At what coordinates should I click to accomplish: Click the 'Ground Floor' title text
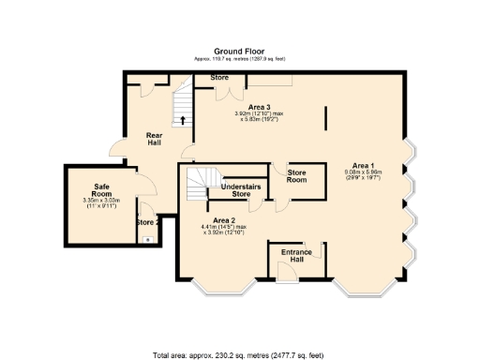pos(239,51)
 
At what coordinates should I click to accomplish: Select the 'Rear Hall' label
pos(155,139)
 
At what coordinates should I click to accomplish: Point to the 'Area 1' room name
pos(363,164)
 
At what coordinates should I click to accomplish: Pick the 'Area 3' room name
pos(247,107)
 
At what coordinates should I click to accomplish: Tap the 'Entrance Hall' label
pos(292,257)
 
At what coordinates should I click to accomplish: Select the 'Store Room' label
pos(297,175)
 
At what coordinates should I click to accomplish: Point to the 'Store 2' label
pos(144,222)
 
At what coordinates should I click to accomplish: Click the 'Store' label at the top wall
pos(219,77)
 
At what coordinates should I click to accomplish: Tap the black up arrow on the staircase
pos(182,120)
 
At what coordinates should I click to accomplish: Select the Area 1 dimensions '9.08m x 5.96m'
pos(363,175)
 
